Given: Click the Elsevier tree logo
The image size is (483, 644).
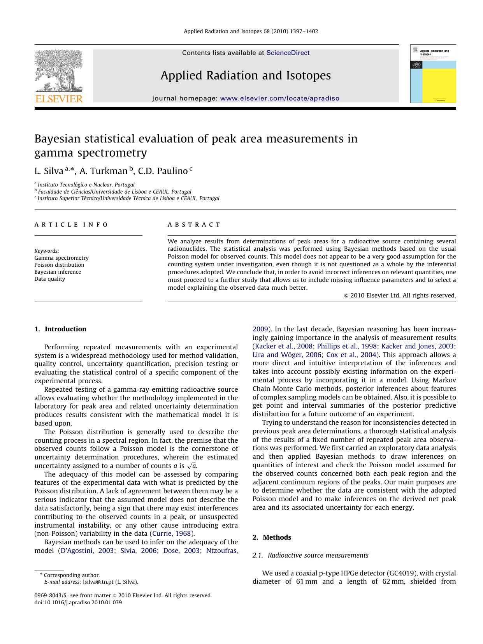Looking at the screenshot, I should (59, 72).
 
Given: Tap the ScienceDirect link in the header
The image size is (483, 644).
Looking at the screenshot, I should (288, 53).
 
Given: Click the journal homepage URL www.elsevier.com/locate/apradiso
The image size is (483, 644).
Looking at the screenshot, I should (279, 99).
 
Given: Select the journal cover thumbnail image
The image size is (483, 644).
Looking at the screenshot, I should (433, 74).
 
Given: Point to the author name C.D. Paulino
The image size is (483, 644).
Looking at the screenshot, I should (163, 171).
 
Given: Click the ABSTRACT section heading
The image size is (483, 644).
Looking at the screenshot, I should (194, 225).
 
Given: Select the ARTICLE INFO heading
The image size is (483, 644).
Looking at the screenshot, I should (71, 225).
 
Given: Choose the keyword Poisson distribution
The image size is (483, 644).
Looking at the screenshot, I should (59, 265).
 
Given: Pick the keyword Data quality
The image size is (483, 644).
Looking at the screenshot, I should (50, 279).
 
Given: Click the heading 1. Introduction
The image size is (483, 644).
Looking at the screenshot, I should (60, 329).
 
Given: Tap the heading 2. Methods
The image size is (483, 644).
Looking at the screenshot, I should (272, 537).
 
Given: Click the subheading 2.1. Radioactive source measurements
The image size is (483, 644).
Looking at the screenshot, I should (310, 555).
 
